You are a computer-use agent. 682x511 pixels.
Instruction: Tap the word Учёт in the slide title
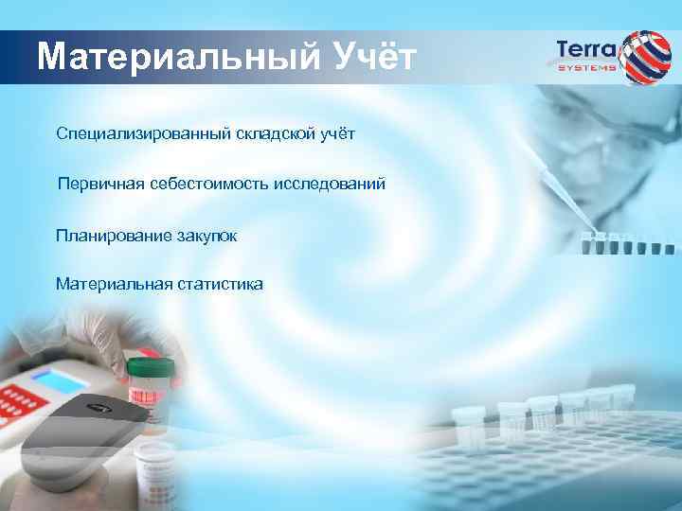pyautogui.click(x=373, y=58)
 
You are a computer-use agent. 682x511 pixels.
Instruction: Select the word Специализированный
pyautogui.click(x=143, y=133)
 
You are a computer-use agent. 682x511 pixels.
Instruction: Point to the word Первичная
pyautogui.click(x=99, y=183)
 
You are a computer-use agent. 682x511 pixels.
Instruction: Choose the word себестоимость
pyautogui.click(x=209, y=183)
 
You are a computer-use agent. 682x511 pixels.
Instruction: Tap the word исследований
pyautogui.click(x=330, y=183)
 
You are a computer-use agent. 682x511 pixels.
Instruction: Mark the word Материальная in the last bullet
pyautogui.click(x=109, y=283)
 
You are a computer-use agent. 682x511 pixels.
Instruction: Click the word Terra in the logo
pyautogui.click(x=586, y=49)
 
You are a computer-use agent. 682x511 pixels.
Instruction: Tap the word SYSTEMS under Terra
pyautogui.click(x=586, y=67)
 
